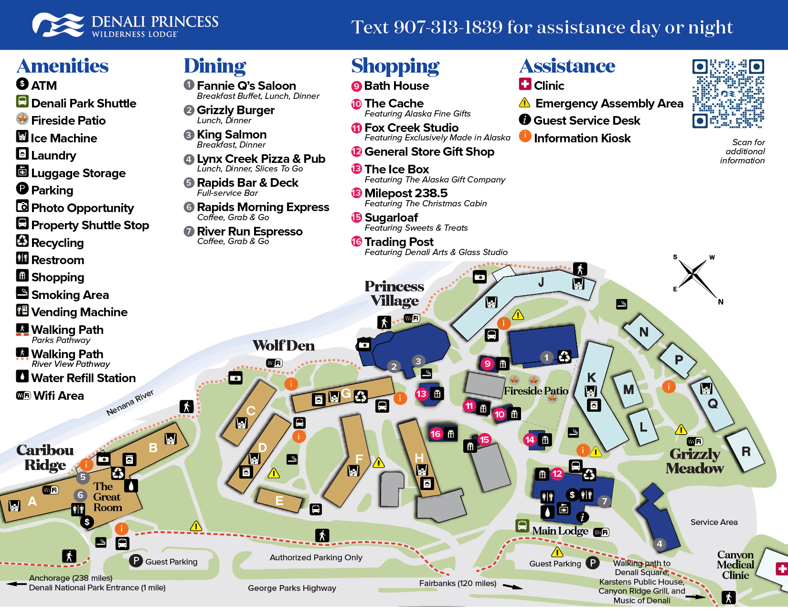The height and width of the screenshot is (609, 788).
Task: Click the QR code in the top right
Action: coord(728,94)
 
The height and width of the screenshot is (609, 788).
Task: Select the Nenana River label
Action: coord(130,403)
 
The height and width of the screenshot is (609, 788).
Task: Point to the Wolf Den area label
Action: coord(284,346)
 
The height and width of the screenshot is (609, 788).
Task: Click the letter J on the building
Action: coord(541,282)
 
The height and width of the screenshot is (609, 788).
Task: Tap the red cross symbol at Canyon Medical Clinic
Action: coord(782,569)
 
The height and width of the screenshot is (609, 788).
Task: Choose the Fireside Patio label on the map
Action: coord(536,391)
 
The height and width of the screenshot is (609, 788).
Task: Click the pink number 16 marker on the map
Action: coord(436,434)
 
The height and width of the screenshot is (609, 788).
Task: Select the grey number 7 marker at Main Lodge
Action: coord(605,501)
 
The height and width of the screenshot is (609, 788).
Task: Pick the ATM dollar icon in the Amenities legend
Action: coord(22,84)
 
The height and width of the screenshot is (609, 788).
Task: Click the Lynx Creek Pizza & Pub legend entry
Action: coord(261,159)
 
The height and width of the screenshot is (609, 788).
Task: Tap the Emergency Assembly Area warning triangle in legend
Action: coord(524,103)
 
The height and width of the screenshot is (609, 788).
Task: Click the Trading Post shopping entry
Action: coord(399,242)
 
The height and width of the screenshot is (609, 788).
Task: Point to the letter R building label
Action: coord(746,451)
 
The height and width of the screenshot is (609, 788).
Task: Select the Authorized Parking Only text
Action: coord(316,557)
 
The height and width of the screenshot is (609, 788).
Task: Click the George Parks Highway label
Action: coord(292,588)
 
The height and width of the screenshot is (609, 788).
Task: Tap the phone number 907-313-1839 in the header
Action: coord(448,27)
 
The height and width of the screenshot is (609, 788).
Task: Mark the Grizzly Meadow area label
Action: coord(695,461)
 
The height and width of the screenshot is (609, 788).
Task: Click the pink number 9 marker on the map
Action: coord(487,363)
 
